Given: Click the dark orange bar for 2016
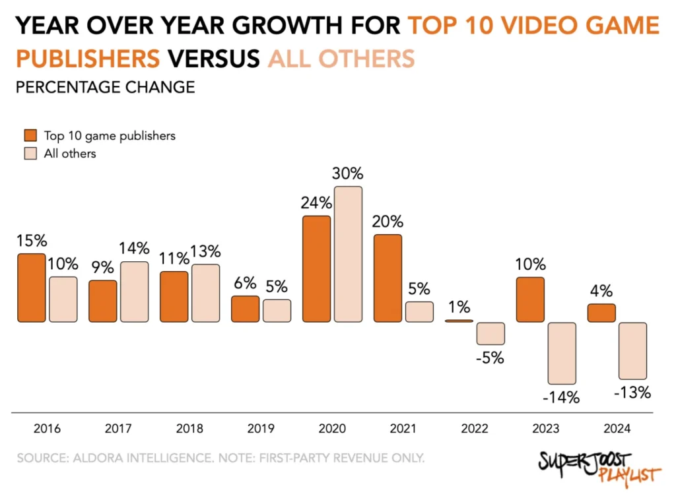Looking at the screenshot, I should point(31,288).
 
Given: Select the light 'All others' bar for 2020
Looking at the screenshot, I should point(348,254).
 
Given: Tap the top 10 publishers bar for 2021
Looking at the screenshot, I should point(388,278).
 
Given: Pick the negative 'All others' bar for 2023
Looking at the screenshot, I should point(562,353).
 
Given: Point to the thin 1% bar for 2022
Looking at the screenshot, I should point(459,321).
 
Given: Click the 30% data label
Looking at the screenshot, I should point(348,174).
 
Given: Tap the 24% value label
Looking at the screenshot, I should point(316,203).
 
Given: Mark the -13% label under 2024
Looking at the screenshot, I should point(632,393).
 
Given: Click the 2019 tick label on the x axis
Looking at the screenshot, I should point(261,429).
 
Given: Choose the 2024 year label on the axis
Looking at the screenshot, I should point(617,429).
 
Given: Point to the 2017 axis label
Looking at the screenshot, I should point(118,429).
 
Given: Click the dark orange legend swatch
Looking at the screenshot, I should point(30,136).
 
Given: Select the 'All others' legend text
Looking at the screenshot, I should point(70,154).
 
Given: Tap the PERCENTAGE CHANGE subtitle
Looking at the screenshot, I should point(105,87).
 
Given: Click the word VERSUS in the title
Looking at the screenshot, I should point(213,58).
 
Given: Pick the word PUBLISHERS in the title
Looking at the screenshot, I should point(88,58).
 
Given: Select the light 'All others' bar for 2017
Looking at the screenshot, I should point(134,292).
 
